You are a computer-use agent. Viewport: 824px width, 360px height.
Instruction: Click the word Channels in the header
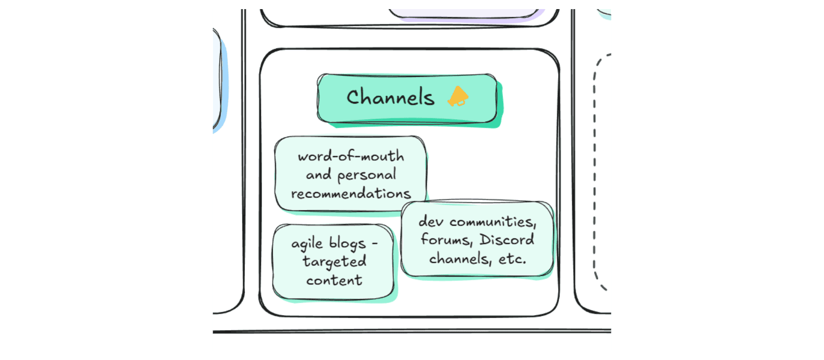[390, 97]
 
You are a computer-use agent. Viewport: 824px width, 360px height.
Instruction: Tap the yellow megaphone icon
[458, 96]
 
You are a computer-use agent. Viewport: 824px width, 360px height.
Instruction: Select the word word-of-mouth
[351, 156]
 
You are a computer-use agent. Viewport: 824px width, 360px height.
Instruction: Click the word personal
[366, 175]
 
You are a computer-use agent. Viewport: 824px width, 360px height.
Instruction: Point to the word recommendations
[351, 194]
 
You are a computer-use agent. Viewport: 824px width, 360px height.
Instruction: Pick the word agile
[307, 244]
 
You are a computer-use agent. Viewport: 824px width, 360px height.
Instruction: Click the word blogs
[347, 244]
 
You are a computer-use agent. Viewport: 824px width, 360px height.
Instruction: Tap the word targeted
[334, 262]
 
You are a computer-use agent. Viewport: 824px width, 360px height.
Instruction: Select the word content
[334, 280]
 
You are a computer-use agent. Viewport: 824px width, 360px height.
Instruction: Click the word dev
[430, 222]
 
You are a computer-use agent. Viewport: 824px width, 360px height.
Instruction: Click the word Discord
[507, 240]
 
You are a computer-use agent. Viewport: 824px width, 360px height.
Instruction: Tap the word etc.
[512, 259]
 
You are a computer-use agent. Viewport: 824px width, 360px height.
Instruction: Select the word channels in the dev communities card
[460, 259]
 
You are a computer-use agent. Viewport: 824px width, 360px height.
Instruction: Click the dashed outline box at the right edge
[602, 173]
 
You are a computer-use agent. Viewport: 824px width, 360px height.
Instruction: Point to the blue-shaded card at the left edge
[218, 82]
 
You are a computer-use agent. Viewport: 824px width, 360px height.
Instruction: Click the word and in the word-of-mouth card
[318, 175]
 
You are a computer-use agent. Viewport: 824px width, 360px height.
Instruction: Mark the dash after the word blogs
[375, 244]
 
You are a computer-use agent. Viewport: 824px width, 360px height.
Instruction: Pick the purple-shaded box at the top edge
[464, 14]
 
